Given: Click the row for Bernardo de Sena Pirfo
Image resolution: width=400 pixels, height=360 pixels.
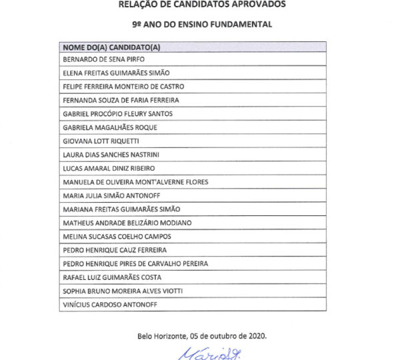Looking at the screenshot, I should pyautogui.click(x=97, y=59).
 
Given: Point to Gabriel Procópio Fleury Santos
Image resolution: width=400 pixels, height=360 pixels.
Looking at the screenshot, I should pyautogui.click(x=117, y=113).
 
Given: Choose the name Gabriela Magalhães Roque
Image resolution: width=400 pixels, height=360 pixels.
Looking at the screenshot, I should pyautogui.click(x=104, y=127).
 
